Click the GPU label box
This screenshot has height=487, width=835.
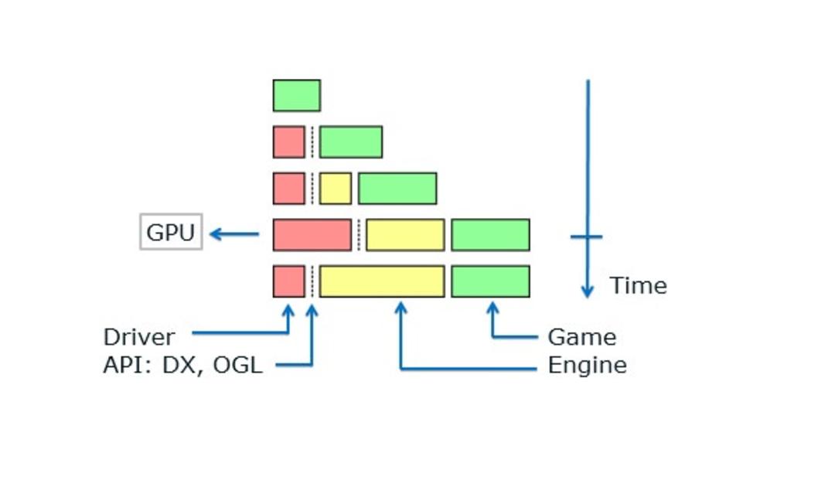171,232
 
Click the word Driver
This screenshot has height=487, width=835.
139,337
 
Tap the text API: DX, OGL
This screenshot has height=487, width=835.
182,366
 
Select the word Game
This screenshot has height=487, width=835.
582,337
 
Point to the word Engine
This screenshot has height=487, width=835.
588,366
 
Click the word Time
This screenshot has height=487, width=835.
638,286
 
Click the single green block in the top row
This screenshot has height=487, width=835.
297,96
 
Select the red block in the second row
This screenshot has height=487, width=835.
289,142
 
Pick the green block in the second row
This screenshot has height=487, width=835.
351,142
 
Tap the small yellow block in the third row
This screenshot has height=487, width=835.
336,189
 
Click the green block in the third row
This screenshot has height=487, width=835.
398,189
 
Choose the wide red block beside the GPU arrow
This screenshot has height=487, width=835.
312,235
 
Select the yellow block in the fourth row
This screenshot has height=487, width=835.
405,235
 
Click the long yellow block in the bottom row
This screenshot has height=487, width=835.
382,281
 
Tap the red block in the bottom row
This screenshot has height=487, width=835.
289,281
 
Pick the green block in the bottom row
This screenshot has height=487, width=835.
490,281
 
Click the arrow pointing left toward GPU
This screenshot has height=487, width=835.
234,234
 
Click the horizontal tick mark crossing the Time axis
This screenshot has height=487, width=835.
586,237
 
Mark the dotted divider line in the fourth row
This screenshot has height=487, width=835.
359,235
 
